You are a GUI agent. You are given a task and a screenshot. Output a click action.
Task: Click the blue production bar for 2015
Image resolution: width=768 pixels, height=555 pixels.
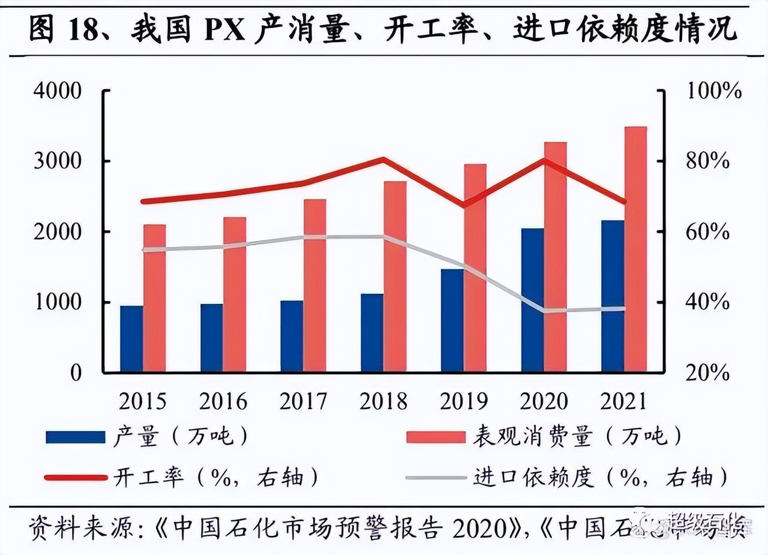pyautogui.click(x=131, y=339)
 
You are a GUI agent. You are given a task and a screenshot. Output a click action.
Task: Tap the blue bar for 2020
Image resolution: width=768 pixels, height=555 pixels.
pyautogui.click(x=532, y=300)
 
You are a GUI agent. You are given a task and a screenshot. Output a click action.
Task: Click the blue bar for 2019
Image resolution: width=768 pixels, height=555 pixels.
pyautogui.click(x=452, y=321)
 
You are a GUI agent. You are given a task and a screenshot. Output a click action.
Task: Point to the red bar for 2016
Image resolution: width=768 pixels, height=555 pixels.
pyautogui.click(x=235, y=294)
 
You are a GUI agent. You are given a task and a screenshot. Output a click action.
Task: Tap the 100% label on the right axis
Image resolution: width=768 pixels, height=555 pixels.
pyautogui.click(x=714, y=92)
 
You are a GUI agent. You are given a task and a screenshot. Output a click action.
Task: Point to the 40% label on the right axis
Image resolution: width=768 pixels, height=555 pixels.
pyautogui.click(x=709, y=302)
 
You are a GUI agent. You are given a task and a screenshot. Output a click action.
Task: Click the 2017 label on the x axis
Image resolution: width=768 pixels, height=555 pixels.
pyautogui.click(x=304, y=401)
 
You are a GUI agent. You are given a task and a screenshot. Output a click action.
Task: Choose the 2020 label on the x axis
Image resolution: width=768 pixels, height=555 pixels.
pyautogui.click(x=544, y=401)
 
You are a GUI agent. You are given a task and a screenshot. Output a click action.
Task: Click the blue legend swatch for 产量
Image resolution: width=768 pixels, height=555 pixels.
pyautogui.click(x=76, y=437)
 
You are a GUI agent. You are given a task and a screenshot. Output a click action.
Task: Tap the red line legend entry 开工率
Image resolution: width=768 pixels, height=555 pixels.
pyautogui.click(x=76, y=478)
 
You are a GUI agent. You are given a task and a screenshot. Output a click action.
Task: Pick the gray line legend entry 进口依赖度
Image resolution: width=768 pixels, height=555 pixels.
pyautogui.click(x=436, y=478)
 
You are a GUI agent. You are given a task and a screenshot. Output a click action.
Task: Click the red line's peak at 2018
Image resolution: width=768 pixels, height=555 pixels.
pyautogui.click(x=383, y=159)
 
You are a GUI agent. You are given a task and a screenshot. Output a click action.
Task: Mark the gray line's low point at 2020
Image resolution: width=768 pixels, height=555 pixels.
pyautogui.click(x=544, y=310)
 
